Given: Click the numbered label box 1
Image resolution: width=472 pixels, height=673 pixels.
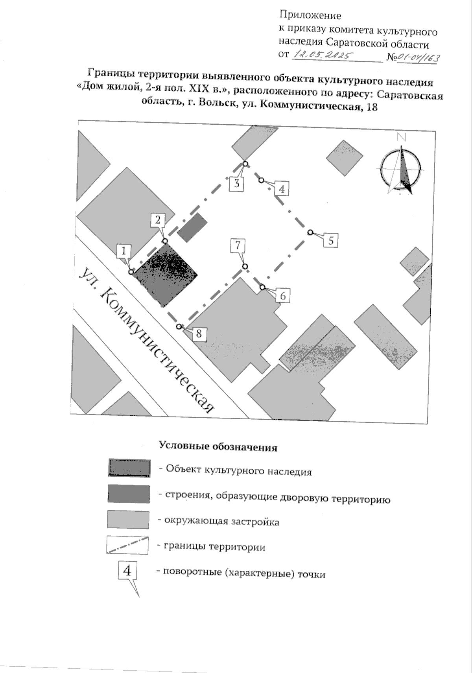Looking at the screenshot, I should (124, 250).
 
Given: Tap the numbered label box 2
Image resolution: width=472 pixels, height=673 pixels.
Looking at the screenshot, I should (158, 219).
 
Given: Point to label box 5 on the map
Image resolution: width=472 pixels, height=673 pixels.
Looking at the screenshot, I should (331, 240).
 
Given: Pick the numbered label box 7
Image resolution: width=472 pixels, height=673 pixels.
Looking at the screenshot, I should (238, 246).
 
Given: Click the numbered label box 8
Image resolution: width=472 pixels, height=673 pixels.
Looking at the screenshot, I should (199, 334).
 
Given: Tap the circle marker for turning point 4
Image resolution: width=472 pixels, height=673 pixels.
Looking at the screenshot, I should (261, 180).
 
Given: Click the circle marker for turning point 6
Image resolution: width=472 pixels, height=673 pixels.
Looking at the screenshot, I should (263, 287).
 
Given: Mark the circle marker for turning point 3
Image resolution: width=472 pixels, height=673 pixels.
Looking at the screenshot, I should (245, 164).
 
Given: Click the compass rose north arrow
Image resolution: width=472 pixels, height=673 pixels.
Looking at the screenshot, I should (402, 169).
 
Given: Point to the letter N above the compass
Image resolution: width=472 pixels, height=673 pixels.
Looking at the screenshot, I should (401, 137).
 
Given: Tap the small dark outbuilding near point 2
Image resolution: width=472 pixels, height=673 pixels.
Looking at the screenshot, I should (192, 227).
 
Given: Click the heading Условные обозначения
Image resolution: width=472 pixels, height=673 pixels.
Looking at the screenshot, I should (218, 447).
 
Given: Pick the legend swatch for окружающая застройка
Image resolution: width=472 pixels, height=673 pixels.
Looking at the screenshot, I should (128, 520).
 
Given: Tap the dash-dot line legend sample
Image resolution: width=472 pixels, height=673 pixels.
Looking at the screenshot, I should (127, 546).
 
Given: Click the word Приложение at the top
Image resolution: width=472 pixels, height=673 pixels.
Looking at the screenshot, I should (310, 16).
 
